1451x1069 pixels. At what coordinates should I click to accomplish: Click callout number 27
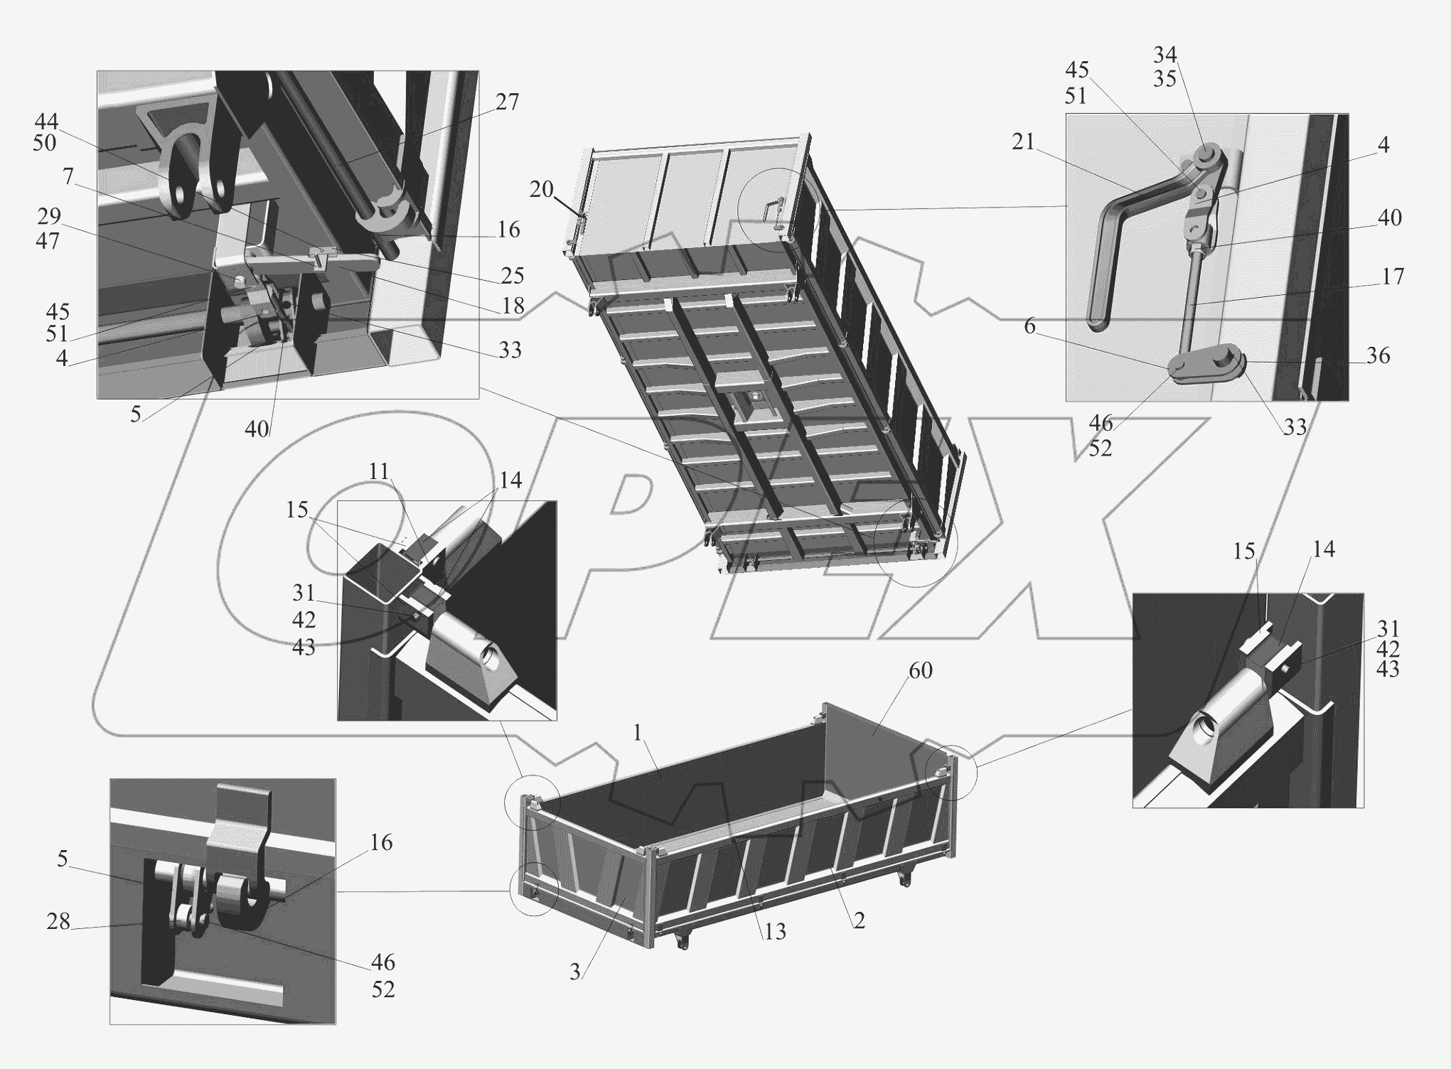[507, 102]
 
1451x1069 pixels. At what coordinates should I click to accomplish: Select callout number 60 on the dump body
[920, 670]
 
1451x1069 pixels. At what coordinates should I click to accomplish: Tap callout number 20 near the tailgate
[542, 190]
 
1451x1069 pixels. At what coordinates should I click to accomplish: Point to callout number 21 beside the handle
[1023, 143]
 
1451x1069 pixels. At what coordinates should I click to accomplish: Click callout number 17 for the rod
[1393, 276]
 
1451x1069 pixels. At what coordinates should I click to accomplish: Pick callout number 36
[1378, 355]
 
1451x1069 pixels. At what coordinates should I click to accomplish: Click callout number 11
[379, 472]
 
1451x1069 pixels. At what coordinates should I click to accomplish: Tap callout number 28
[58, 922]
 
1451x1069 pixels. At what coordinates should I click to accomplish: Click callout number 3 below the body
[575, 972]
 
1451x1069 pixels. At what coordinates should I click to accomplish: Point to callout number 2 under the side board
[859, 921]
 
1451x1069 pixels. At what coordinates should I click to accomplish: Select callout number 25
[513, 275]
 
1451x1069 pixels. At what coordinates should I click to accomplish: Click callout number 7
[68, 176]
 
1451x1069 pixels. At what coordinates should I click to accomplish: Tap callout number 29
[48, 215]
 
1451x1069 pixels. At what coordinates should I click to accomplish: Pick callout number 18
[513, 306]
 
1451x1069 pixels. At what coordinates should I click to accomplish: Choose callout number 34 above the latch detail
[1164, 55]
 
